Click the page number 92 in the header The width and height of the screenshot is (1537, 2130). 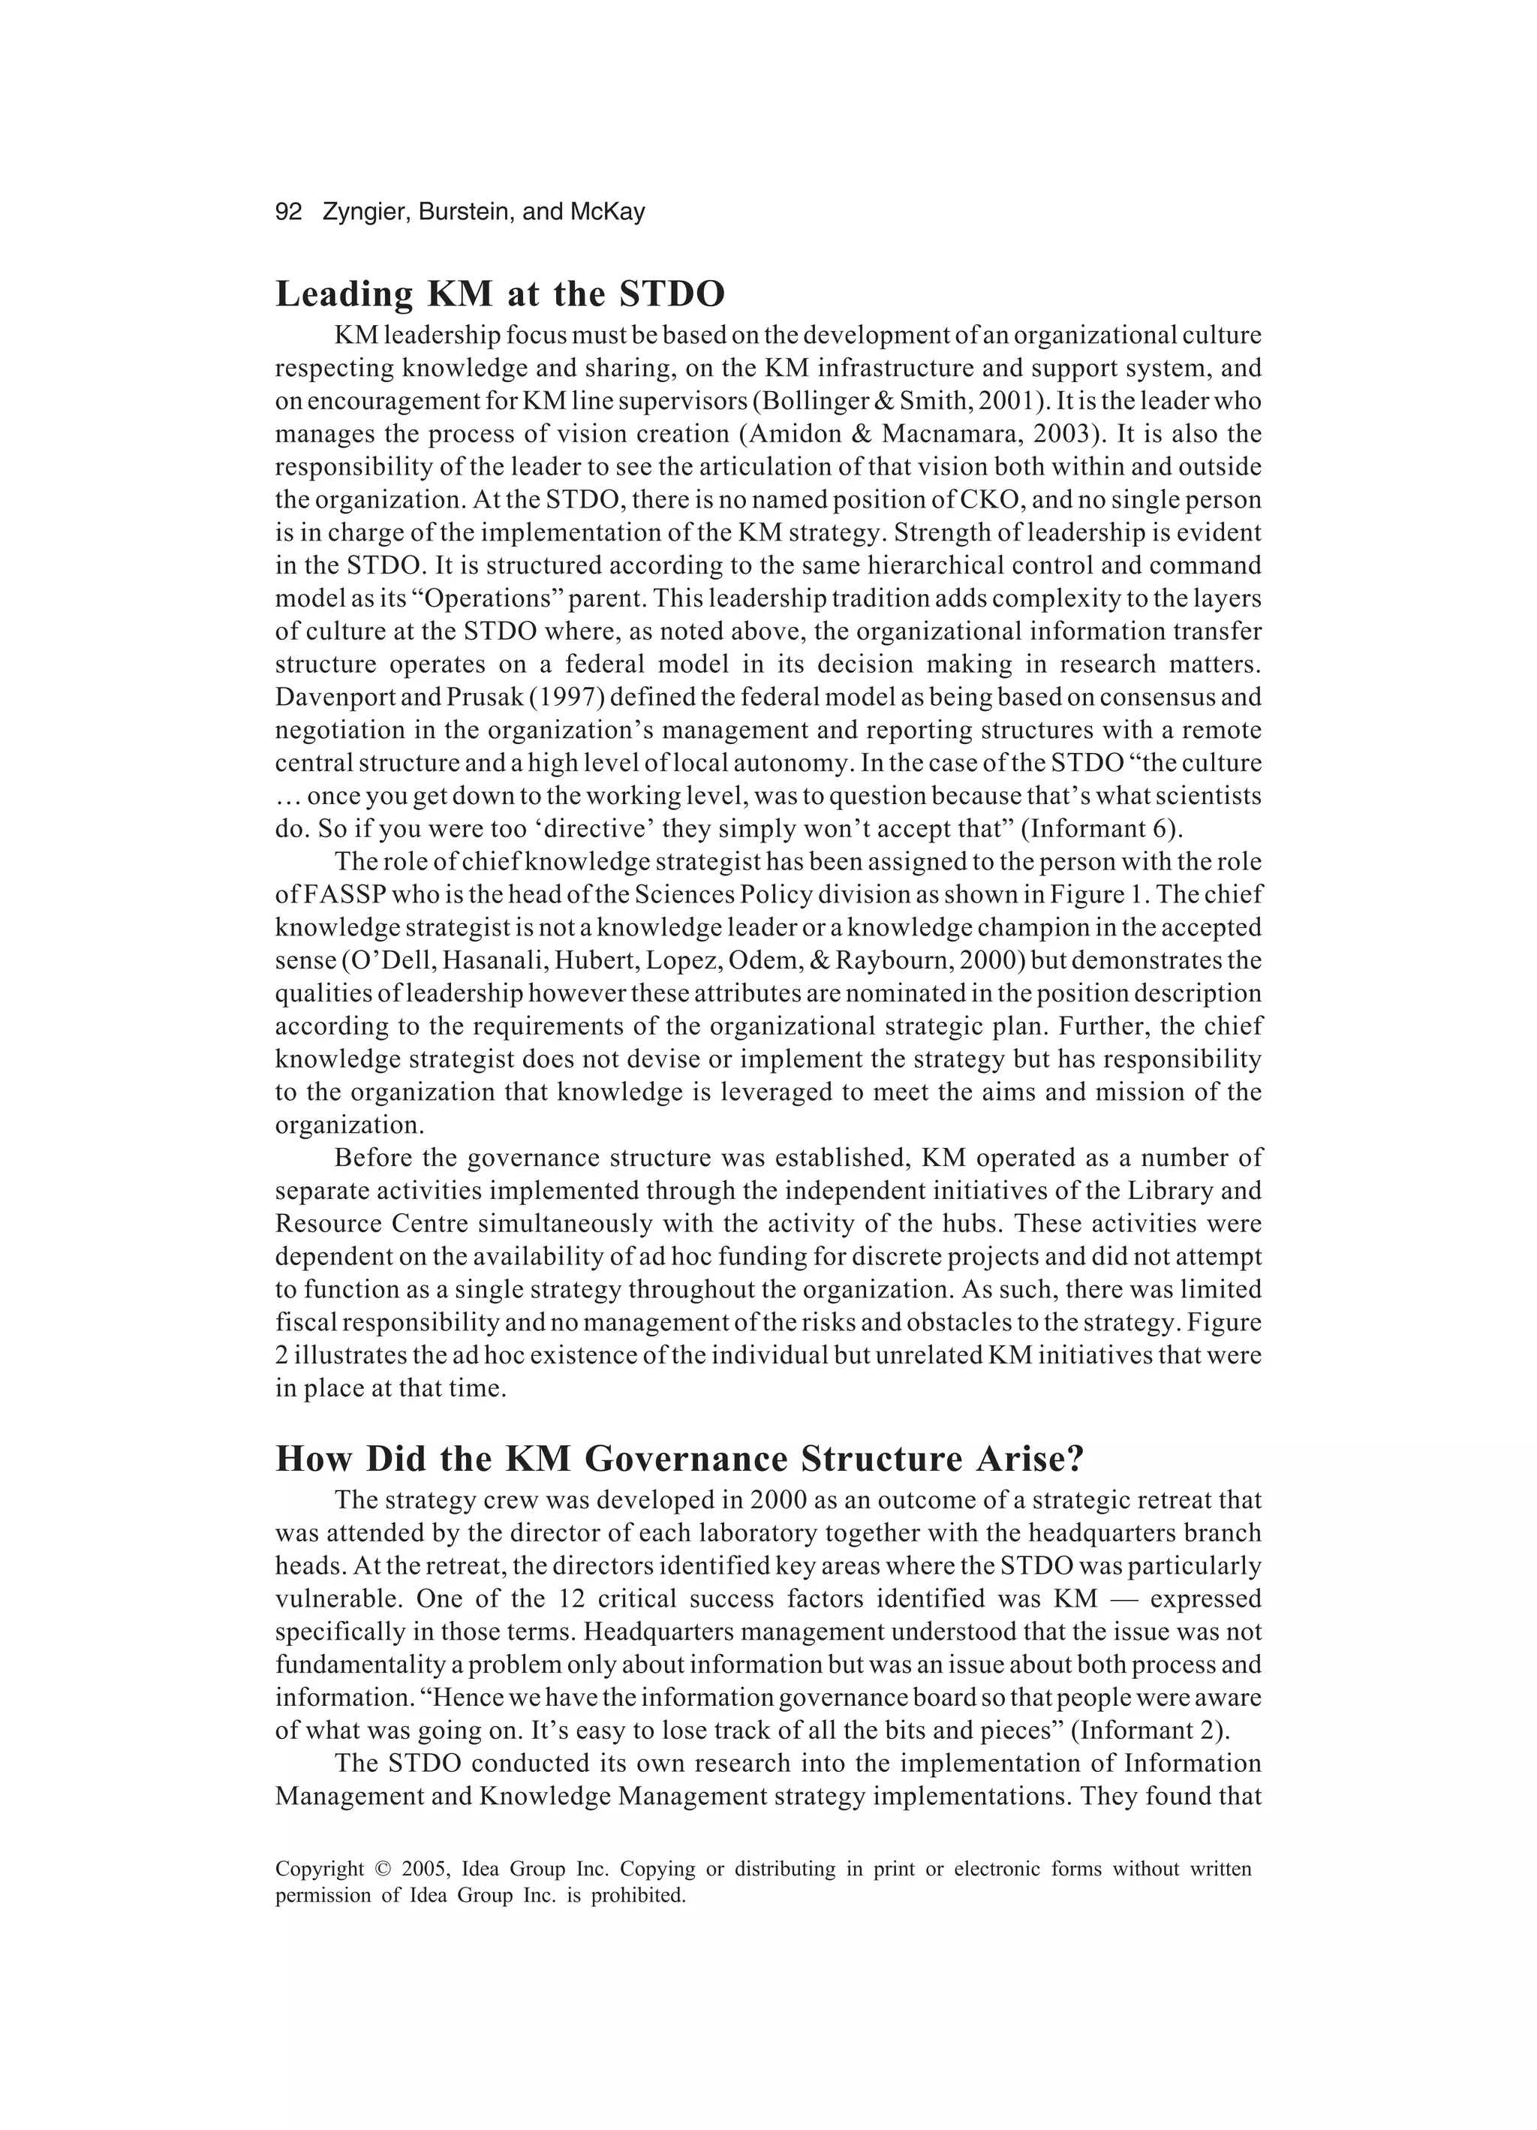pos(288,212)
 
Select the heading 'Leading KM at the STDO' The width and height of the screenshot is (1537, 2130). pos(500,295)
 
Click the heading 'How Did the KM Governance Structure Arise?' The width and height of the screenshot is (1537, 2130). pos(680,1459)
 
